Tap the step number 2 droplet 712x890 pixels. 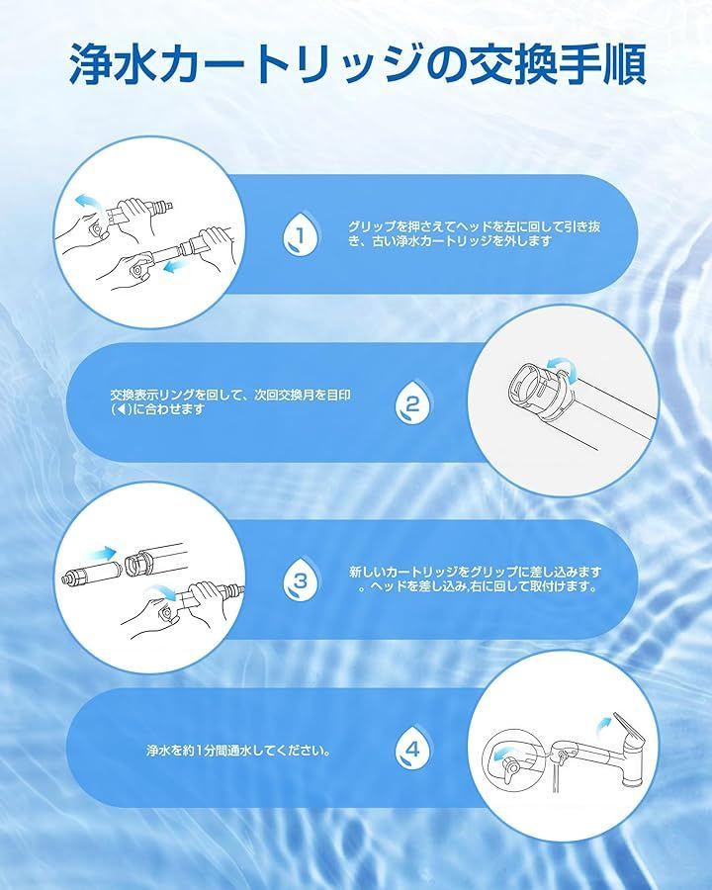[412, 403]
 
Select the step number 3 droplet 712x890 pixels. [301, 578]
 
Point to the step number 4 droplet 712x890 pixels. [412, 749]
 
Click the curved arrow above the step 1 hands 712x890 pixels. [87, 201]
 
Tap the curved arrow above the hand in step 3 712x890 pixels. [160, 592]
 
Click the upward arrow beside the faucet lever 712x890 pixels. [604, 724]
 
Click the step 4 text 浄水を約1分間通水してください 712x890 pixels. [238, 751]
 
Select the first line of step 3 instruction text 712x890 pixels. [475, 572]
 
